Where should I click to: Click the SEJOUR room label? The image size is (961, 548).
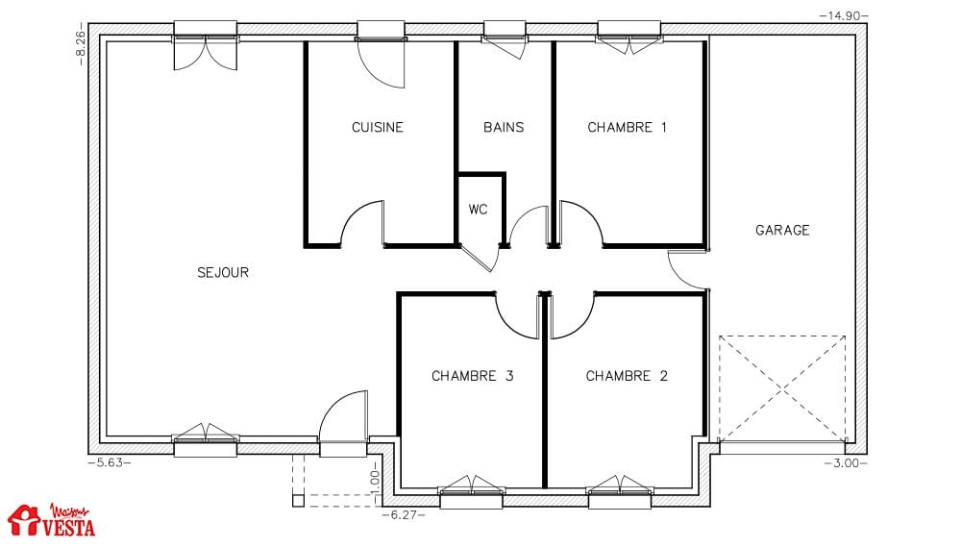[x=223, y=272]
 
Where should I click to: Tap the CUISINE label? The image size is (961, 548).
[x=378, y=127]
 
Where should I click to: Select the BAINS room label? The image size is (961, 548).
[x=504, y=127]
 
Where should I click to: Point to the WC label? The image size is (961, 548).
[x=478, y=209]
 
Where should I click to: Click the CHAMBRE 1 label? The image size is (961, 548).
[x=627, y=127]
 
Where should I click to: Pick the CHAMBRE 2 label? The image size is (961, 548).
[x=627, y=376]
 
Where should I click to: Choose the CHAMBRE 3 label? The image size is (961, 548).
[x=473, y=376]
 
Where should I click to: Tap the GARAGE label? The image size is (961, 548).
[x=782, y=230]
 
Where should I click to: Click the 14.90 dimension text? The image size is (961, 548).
[x=844, y=16]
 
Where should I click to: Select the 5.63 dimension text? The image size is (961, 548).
[x=110, y=462]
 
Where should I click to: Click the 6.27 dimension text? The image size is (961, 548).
[x=404, y=515]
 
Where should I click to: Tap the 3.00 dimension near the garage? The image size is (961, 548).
[x=847, y=462]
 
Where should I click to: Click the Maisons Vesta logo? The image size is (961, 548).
[x=52, y=520]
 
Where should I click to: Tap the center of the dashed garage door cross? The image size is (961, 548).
[x=782, y=388]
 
